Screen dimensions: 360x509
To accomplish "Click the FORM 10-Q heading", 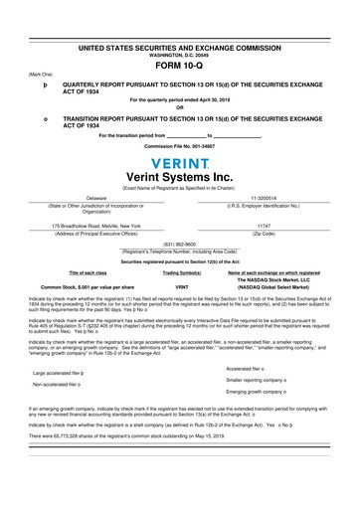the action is [x=180, y=66].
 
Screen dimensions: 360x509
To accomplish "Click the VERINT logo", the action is [x=180, y=161].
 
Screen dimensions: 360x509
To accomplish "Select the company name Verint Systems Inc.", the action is [x=180, y=176].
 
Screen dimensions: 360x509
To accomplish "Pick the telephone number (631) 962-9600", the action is [x=180, y=244].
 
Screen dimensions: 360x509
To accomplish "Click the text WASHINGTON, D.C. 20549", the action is [x=180, y=54].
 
